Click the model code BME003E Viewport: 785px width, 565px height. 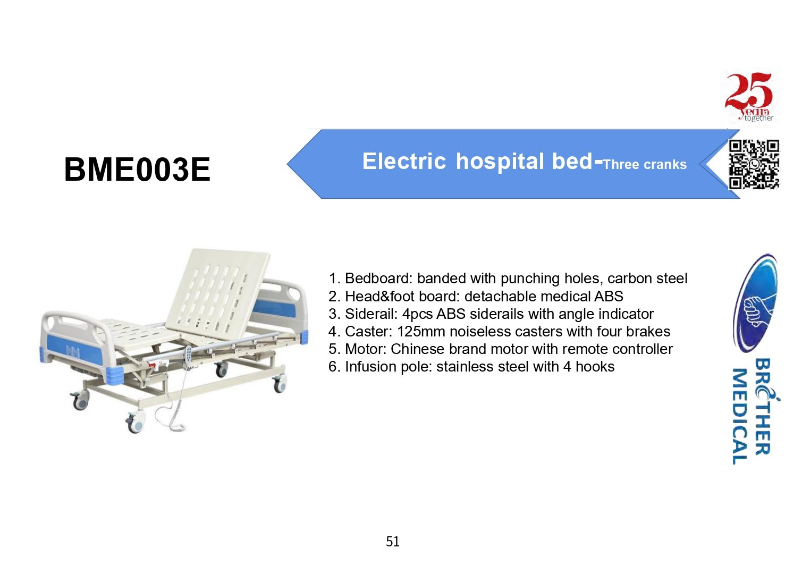pyautogui.click(x=137, y=170)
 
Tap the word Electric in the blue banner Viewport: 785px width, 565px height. pyautogui.click(x=404, y=161)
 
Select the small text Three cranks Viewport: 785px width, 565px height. pyautogui.click(x=645, y=164)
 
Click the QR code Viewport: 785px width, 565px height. pyautogui.click(x=754, y=164)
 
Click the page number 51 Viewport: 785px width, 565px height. pyautogui.click(x=392, y=542)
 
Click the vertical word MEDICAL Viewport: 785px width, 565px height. pyautogui.click(x=740, y=416)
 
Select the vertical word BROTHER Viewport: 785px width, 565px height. pyautogui.click(x=764, y=407)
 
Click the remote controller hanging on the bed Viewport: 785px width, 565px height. pyautogui.click(x=188, y=357)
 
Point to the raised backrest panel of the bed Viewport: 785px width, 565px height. pyautogui.click(x=218, y=291)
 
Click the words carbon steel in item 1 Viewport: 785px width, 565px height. pyautogui.click(x=647, y=279)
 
